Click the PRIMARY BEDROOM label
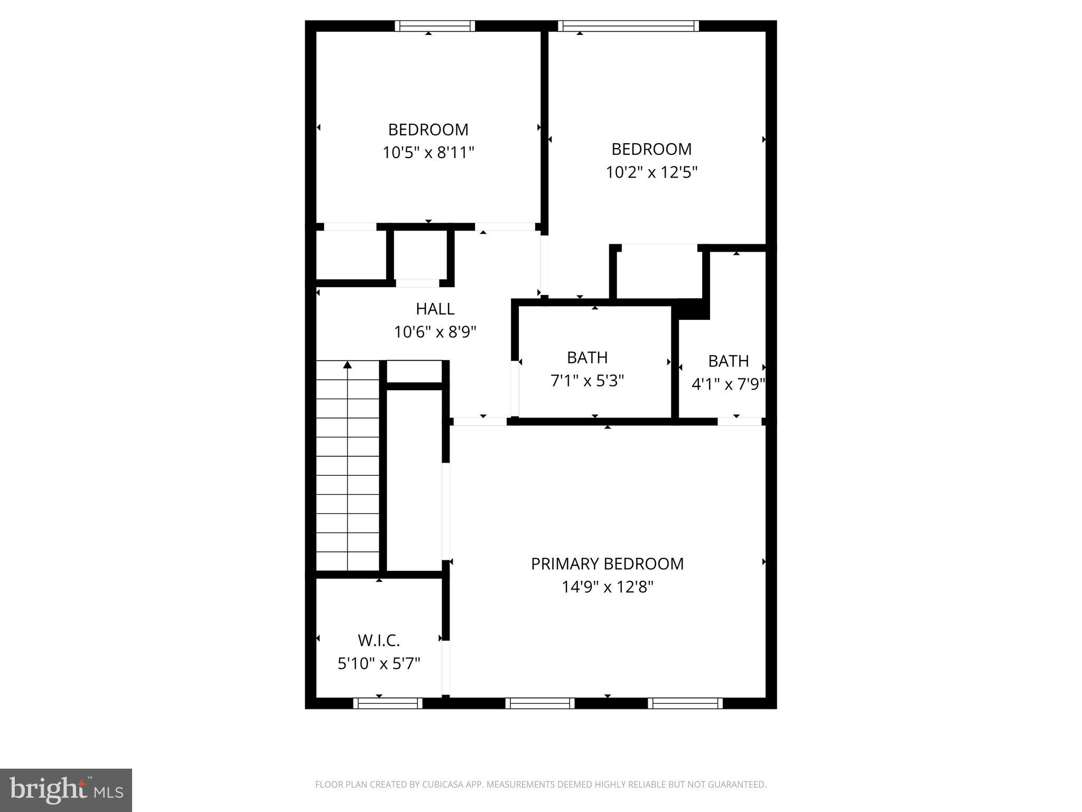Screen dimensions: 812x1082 (607, 564)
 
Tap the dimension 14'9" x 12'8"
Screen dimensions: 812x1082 (608, 587)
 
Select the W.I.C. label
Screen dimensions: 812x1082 (379, 640)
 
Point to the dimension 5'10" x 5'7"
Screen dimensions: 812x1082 (379, 663)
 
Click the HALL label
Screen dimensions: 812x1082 (435, 309)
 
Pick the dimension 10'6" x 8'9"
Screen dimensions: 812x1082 (435, 332)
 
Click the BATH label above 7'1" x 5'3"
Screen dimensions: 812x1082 (587, 358)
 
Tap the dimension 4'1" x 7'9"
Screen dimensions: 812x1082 (728, 384)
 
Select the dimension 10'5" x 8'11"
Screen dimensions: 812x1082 (428, 153)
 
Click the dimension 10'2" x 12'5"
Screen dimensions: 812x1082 (651, 172)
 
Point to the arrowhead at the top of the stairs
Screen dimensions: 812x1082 (347, 365)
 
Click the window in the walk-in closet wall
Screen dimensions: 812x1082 (387, 703)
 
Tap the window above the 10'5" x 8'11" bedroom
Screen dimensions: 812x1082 (435, 26)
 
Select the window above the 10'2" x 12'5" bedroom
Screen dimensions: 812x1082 (628, 26)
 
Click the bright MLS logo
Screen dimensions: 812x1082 (66, 790)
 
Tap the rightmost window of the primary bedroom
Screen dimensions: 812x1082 (685, 703)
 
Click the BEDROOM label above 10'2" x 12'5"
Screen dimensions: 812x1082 (651, 149)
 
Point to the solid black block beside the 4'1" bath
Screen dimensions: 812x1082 (693, 310)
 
